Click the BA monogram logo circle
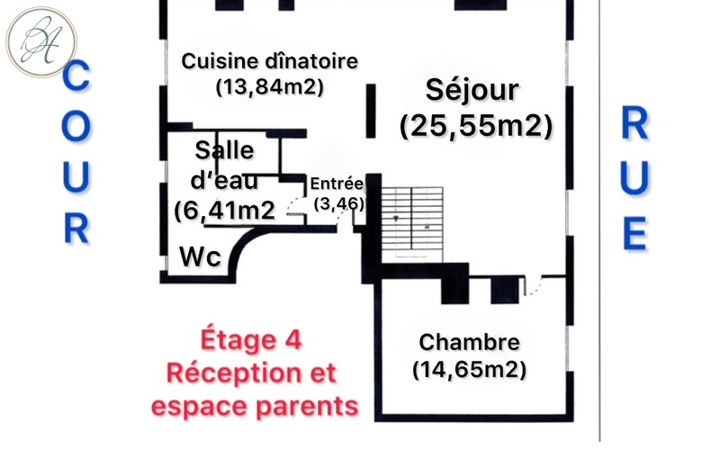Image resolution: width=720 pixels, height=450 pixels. pyautogui.click(x=41, y=41)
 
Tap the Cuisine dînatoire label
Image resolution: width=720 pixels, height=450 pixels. pyautogui.click(x=269, y=61)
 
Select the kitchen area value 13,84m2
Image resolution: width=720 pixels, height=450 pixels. pyautogui.click(x=269, y=86)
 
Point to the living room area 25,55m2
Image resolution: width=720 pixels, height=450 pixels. pyautogui.click(x=476, y=125)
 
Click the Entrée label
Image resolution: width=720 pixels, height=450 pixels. pyautogui.click(x=337, y=184)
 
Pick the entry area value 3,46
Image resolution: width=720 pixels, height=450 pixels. pyautogui.click(x=339, y=203)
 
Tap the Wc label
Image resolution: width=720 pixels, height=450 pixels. pyautogui.click(x=200, y=256)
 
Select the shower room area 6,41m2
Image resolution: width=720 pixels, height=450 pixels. pyautogui.click(x=224, y=211)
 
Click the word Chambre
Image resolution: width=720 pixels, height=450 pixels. pyautogui.click(x=469, y=343)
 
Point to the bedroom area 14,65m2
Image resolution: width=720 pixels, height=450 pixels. pyautogui.click(x=469, y=370)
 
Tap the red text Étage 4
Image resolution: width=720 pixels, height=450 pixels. pyautogui.click(x=251, y=340)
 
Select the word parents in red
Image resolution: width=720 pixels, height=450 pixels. pyautogui.click(x=307, y=408)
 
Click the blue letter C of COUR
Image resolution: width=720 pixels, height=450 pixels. pyautogui.click(x=76, y=76)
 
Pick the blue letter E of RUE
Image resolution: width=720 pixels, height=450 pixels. pyautogui.click(x=635, y=234)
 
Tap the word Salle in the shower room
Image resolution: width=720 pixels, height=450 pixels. pyautogui.click(x=224, y=150)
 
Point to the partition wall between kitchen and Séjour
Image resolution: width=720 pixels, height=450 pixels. pyautogui.click(x=371, y=111)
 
